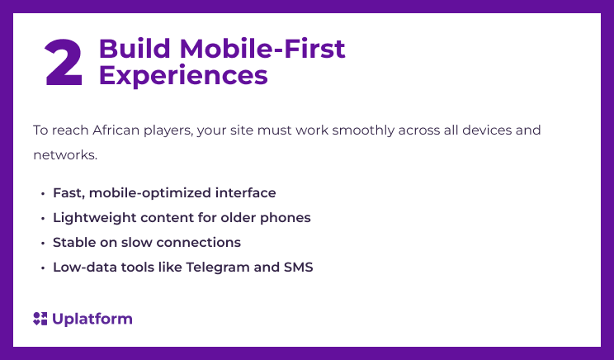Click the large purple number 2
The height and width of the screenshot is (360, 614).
pos(64,63)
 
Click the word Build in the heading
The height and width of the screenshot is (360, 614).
pos(125,50)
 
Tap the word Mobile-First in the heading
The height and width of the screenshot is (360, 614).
pos(253,50)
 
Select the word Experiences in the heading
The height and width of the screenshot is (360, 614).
pos(183,75)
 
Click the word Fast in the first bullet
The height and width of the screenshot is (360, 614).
pos(68,193)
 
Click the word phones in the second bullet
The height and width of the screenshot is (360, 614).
pos(288,218)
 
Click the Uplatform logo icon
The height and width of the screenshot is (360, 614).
pos(40,319)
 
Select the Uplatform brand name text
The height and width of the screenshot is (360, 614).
pos(92,319)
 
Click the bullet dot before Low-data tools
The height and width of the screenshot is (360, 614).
pos(42,268)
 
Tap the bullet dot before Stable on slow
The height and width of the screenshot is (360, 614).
pos(42,244)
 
